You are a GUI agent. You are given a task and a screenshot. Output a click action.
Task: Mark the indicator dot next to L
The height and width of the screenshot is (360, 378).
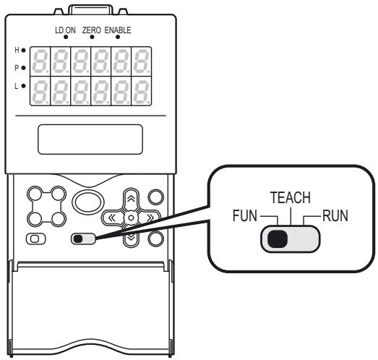pyautogui.click(x=24, y=85)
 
